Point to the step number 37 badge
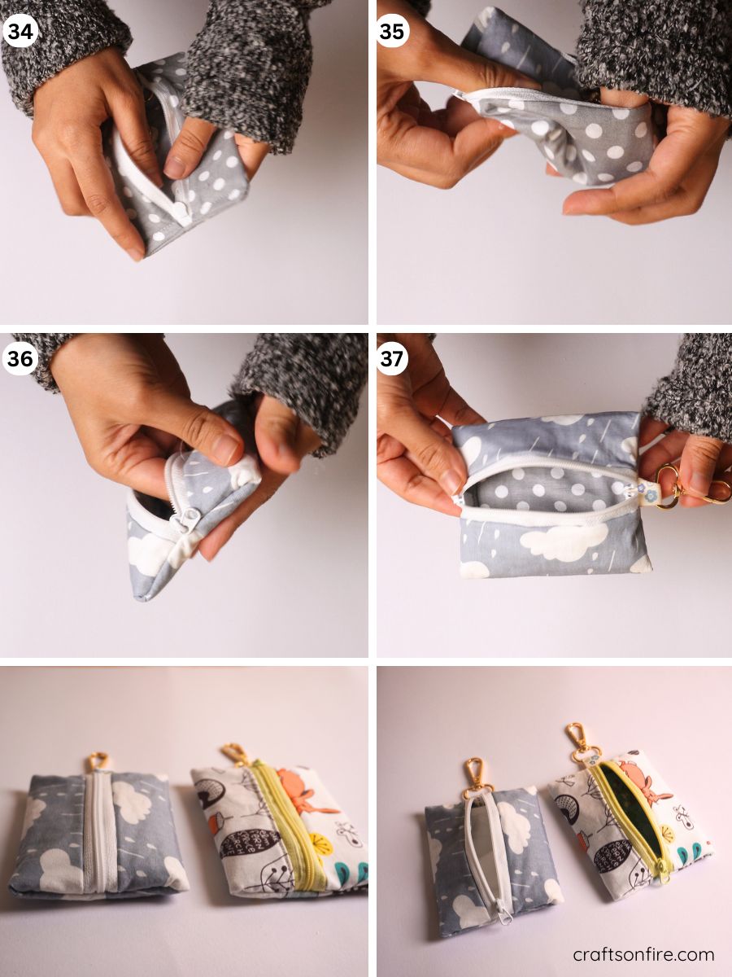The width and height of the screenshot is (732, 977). [x=392, y=358]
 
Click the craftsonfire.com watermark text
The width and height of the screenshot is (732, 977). [x=643, y=954]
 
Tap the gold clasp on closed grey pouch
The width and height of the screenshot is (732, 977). [x=98, y=761]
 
